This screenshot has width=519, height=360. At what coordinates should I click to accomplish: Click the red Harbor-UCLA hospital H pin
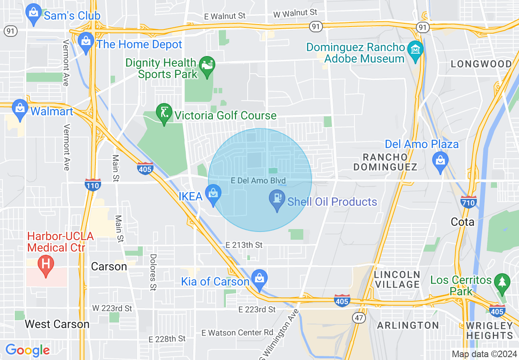tap(46, 265)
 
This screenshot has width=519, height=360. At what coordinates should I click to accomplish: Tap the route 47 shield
tap(359, 317)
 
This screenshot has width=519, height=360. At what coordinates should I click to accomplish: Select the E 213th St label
tap(244, 245)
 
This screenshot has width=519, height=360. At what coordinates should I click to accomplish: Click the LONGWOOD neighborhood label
tap(481, 64)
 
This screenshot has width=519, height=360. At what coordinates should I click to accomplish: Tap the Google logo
tap(28, 350)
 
